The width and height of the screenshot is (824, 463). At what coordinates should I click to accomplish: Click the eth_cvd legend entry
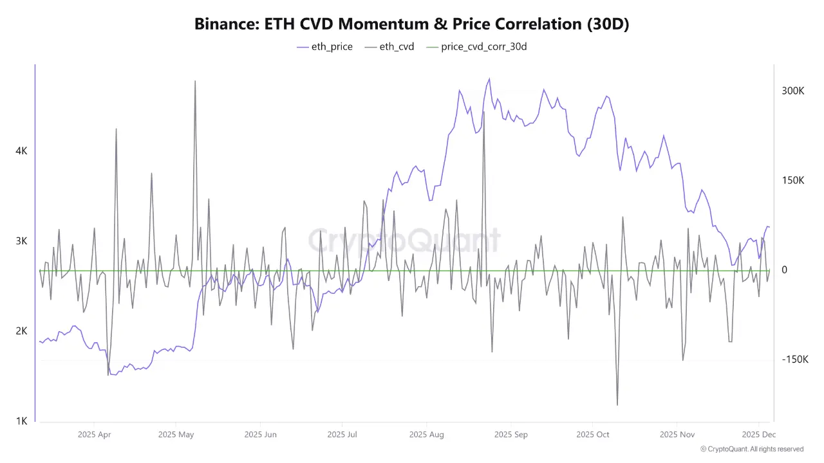pos(390,46)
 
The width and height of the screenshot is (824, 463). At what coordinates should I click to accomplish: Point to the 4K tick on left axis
pos(21,151)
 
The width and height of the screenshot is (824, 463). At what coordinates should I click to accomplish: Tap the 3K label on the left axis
pos(21,241)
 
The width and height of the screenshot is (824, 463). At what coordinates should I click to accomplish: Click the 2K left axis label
pos(21,331)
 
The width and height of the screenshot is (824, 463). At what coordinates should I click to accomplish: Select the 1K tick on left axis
pos(21,421)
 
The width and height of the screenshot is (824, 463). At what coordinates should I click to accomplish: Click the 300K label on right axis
pos(793,91)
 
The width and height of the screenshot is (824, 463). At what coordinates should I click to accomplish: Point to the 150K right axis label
pos(793,181)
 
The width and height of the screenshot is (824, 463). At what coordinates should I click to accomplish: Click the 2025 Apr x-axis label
pos(95,435)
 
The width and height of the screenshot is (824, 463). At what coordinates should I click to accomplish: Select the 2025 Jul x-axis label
pos(344,435)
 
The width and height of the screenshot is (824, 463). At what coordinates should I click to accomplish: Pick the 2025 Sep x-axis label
pos(511,435)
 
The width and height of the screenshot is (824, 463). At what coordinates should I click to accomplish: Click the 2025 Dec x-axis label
pos(759,435)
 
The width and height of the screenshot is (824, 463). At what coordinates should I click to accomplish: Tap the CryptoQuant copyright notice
pos(752,449)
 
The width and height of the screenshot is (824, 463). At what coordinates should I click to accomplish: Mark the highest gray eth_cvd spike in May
pos(195,81)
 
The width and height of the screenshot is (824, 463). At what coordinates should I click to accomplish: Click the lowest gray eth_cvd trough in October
pos(617,404)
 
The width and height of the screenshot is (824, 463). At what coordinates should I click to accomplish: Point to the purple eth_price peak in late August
pos(489,79)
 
